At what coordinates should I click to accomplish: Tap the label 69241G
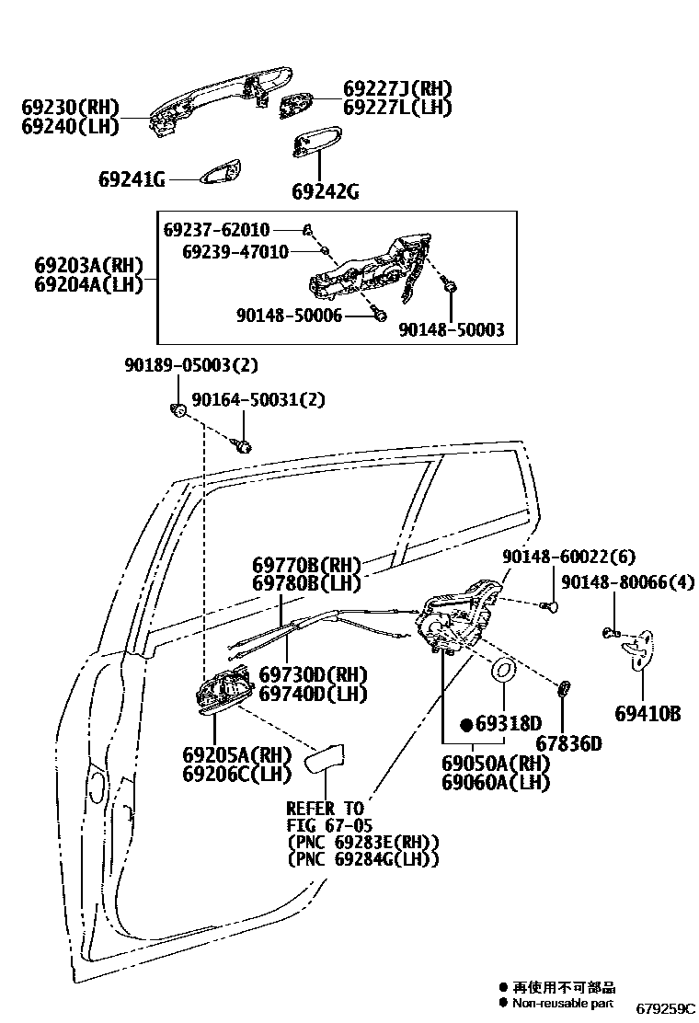coord(132,179)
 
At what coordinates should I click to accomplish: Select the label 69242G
coord(325,191)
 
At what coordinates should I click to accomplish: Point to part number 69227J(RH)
coord(397,89)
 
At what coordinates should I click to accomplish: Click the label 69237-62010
coord(217,229)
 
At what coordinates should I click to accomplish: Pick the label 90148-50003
coord(451,329)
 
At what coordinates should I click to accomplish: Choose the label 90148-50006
coord(289,316)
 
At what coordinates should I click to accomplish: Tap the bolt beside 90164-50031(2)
coord(244,446)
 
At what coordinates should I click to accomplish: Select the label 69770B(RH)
coord(306,564)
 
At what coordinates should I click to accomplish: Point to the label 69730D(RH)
coord(313,674)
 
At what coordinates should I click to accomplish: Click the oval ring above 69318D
coord(505,672)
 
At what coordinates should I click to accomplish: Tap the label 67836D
coord(570,743)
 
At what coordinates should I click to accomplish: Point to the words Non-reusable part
coord(562,1003)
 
